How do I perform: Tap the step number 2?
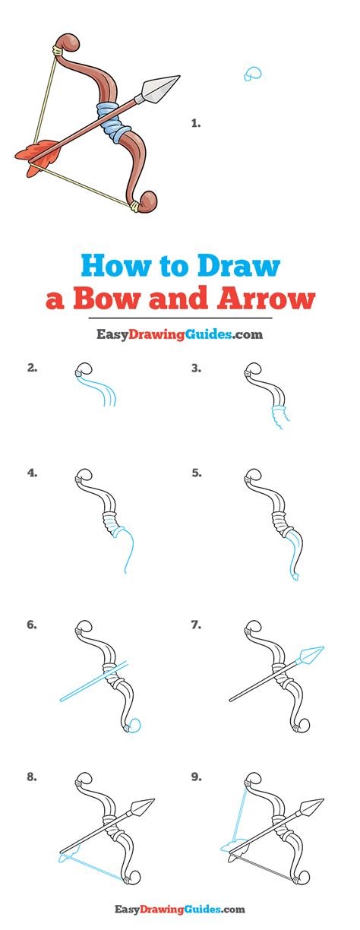[x=32, y=369]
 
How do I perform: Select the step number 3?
[x=196, y=369]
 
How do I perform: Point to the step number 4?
[x=32, y=473]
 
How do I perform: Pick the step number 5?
[x=197, y=473]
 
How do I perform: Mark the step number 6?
[x=32, y=625]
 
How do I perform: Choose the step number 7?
[x=196, y=625]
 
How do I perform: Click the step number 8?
[x=32, y=776]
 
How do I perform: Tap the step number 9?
[x=196, y=776]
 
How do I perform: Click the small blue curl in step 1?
[x=252, y=74]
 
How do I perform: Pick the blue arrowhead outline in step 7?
[x=312, y=653]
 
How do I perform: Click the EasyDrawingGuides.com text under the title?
[x=179, y=333]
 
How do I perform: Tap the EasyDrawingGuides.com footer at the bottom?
[x=180, y=908]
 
